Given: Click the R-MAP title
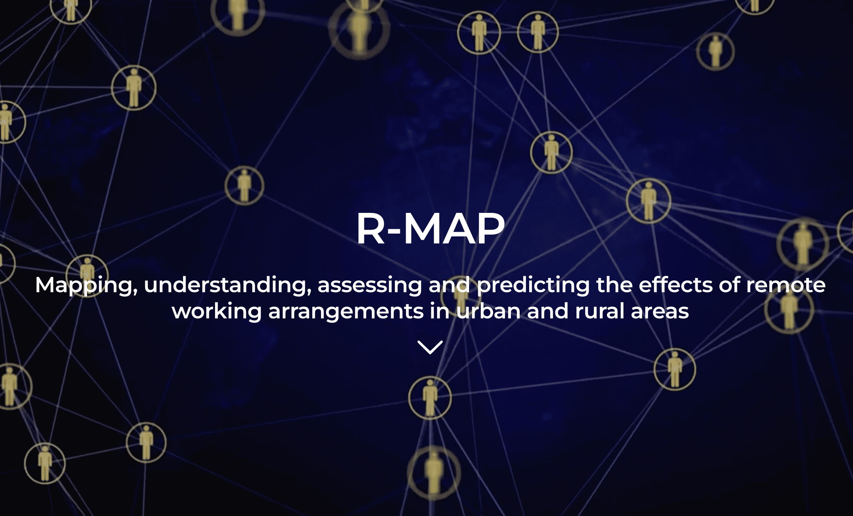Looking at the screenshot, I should click(x=430, y=229).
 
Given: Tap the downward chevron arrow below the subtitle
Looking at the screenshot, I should click(x=430, y=347).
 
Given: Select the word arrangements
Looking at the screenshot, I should click(x=346, y=311).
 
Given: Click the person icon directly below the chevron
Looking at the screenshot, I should click(x=430, y=398).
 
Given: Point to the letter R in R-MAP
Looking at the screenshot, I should click(x=370, y=229).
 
